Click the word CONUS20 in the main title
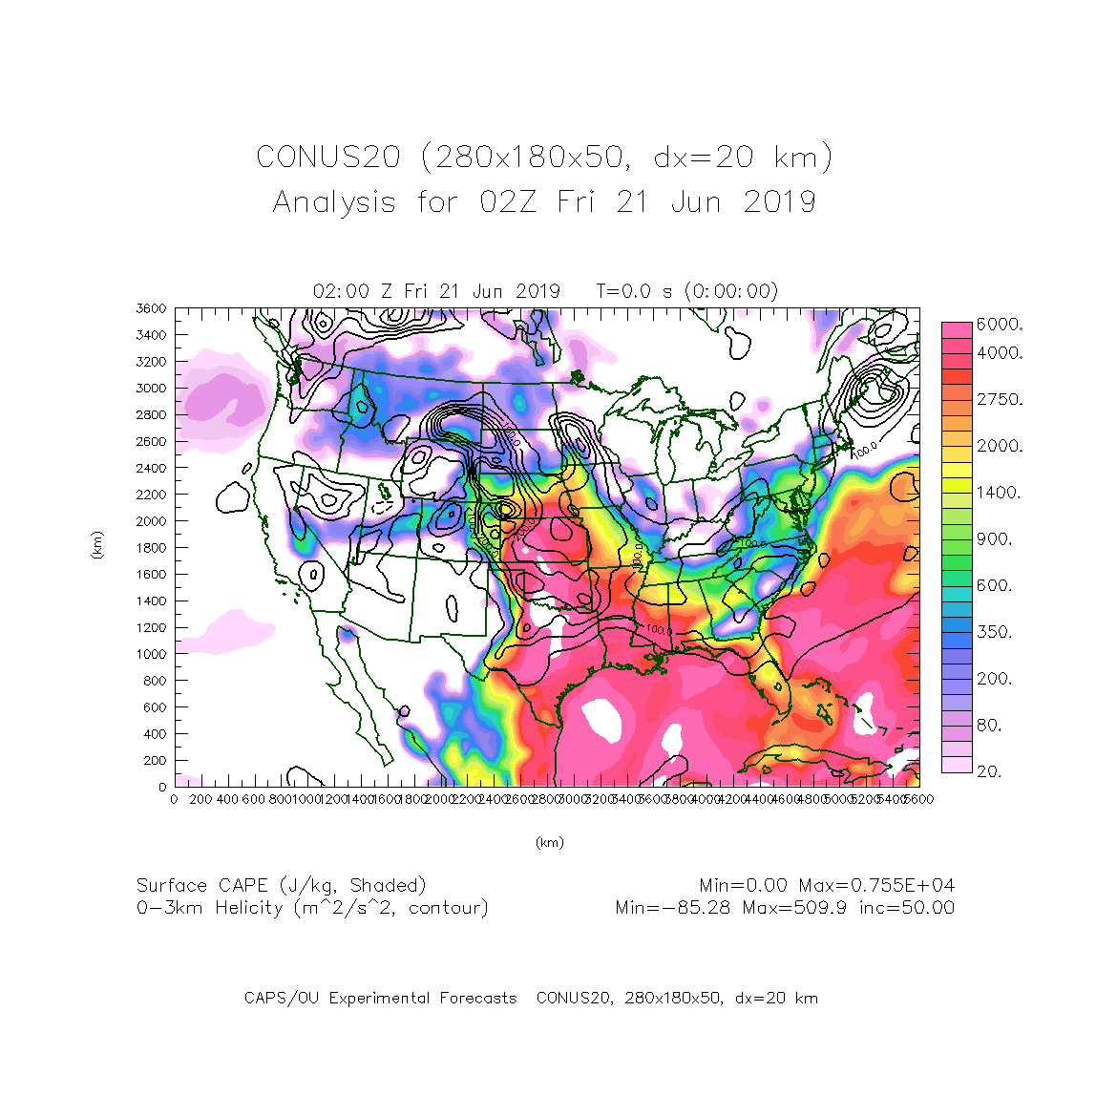pos(327,158)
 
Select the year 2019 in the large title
pos(779,202)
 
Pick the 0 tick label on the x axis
pos(174,799)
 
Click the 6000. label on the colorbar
pos(999,325)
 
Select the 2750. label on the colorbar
pos(999,399)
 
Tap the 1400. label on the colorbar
pos(999,493)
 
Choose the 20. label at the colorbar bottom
pos(990,771)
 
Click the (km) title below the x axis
pos(549,842)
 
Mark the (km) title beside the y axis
pos(97,546)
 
